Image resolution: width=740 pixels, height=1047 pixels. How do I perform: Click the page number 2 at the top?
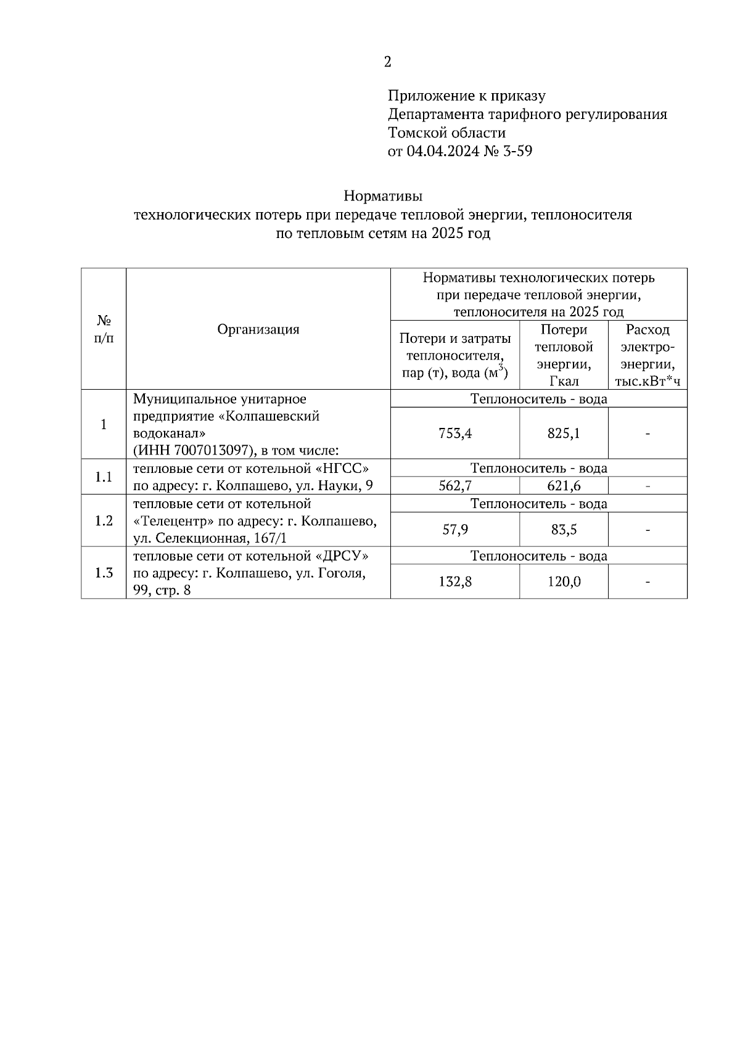[387, 62]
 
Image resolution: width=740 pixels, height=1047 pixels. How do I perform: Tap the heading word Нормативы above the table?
[383, 197]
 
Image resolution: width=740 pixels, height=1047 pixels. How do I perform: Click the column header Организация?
[258, 329]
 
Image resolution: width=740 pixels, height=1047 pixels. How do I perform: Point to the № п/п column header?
[104, 329]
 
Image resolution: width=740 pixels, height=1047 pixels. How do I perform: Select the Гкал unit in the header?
[564, 381]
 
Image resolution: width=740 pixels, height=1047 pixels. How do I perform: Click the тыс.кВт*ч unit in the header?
[647, 381]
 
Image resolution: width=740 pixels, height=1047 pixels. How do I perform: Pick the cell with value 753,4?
[455, 433]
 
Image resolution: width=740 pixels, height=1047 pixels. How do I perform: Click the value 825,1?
[564, 433]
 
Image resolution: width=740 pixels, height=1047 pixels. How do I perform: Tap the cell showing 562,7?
[455, 486]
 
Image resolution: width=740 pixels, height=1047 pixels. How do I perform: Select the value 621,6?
[564, 486]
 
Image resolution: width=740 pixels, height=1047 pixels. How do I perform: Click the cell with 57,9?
[455, 530]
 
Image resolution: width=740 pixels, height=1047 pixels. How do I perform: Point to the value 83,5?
[564, 530]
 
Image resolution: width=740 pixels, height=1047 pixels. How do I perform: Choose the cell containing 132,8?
[455, 581]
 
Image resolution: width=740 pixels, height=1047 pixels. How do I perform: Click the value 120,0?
[564, 581]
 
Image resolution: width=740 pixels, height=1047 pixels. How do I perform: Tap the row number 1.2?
[104, 521]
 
